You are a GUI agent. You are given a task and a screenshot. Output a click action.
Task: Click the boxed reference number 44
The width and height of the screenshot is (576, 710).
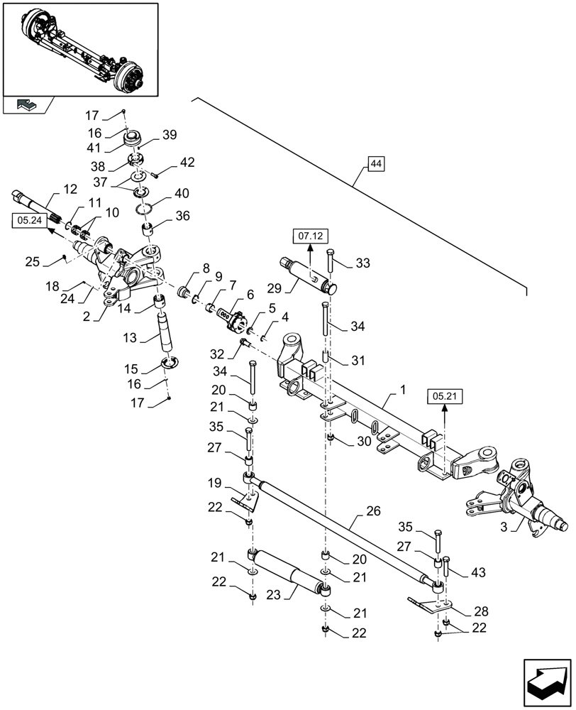click(x=376, y=165)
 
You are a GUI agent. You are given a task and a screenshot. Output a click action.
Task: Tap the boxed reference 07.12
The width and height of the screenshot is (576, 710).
click(x=309, y=235)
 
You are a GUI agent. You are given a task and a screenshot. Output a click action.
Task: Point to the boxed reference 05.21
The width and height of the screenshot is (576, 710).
click(x=443, y=395)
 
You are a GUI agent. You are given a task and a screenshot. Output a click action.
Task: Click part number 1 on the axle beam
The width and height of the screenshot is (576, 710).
click(x=403, y=390)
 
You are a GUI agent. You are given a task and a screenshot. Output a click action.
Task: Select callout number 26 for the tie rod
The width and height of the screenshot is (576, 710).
click(x=375, y=512)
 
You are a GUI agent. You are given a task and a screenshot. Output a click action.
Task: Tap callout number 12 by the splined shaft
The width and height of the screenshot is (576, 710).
click(x=70, y=189)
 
